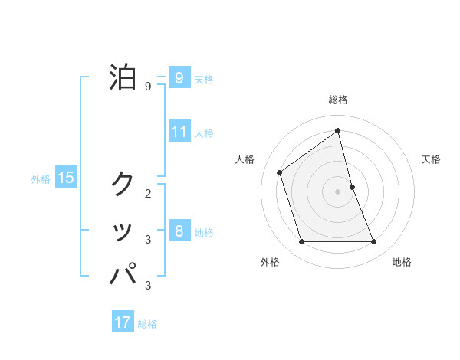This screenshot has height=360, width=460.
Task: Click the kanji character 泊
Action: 123,77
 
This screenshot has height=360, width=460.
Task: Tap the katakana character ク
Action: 123,184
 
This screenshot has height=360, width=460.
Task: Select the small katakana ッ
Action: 123,231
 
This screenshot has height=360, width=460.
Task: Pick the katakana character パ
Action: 123,273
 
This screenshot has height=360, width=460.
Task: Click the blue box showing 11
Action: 179,131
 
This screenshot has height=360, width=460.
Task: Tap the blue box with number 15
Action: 66,178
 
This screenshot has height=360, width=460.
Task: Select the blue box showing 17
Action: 123,322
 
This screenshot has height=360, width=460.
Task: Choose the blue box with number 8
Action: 179,231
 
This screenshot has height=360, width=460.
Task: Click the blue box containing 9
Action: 179,77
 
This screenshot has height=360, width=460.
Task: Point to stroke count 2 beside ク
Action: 148,194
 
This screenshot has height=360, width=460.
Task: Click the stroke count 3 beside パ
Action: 148,286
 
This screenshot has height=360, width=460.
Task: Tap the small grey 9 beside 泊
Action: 148,87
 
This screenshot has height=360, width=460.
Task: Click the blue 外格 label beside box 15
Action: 41,179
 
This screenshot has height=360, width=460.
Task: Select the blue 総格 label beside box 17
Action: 147,324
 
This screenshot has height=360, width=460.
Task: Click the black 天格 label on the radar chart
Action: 431,159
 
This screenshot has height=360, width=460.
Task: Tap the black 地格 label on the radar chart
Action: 402,262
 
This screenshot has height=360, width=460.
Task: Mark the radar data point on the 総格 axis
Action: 337,130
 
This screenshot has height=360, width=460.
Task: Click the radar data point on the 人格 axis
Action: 280,172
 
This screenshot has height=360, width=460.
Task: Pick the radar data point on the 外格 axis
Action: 301,242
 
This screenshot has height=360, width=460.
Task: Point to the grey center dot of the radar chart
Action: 337,191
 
